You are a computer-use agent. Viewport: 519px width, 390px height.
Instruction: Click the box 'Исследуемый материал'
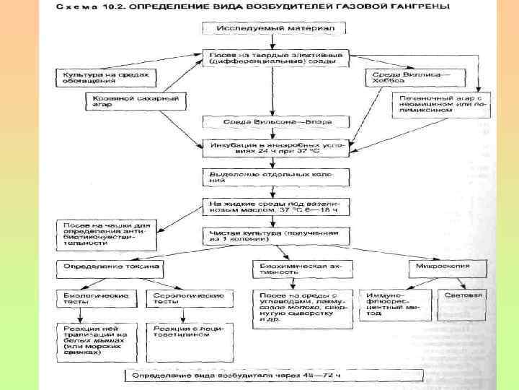pyautogui.click(x=274, y=29)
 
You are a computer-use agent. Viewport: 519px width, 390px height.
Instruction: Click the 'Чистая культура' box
pyautogui.click(x=274, y=236)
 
